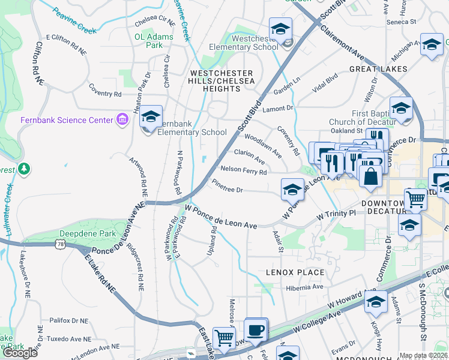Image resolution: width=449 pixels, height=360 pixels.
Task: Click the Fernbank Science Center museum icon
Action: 123,119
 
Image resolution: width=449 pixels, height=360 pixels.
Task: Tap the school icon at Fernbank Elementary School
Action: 151,115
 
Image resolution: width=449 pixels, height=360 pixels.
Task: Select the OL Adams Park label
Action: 154,41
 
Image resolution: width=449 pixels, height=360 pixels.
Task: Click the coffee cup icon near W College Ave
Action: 255,329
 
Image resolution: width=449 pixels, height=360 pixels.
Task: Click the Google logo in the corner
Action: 20,353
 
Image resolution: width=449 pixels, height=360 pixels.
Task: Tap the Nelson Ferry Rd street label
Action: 244,170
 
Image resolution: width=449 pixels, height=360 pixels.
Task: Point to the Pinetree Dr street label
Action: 228,190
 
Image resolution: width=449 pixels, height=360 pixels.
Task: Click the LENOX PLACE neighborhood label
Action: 295,272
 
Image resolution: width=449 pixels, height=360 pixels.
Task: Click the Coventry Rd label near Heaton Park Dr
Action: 105,94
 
